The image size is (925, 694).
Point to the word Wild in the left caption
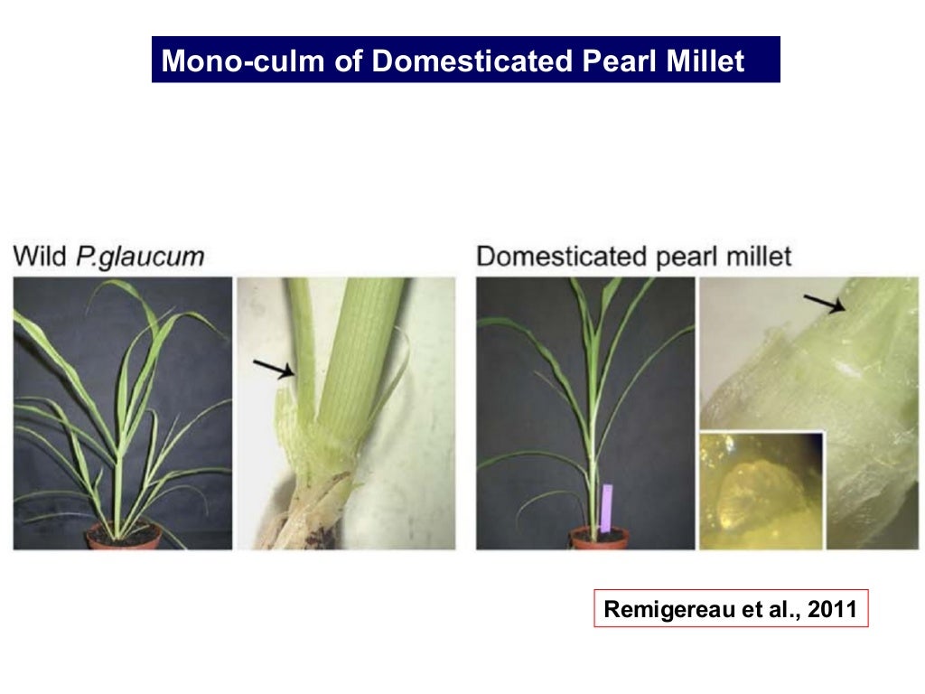pyautogui.click(x=40, y=256)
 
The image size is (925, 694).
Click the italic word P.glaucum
pyautogui.click(x=140, y=258)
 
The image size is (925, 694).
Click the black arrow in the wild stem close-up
pyautogui.click(x=274, y=369)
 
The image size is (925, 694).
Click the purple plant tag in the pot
pyautogui.click(x=606, y=507)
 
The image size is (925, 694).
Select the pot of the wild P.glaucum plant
pyautogui.click(x=124, y=538)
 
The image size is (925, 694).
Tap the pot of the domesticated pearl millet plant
pyautogui.click(x=599, y=539)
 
